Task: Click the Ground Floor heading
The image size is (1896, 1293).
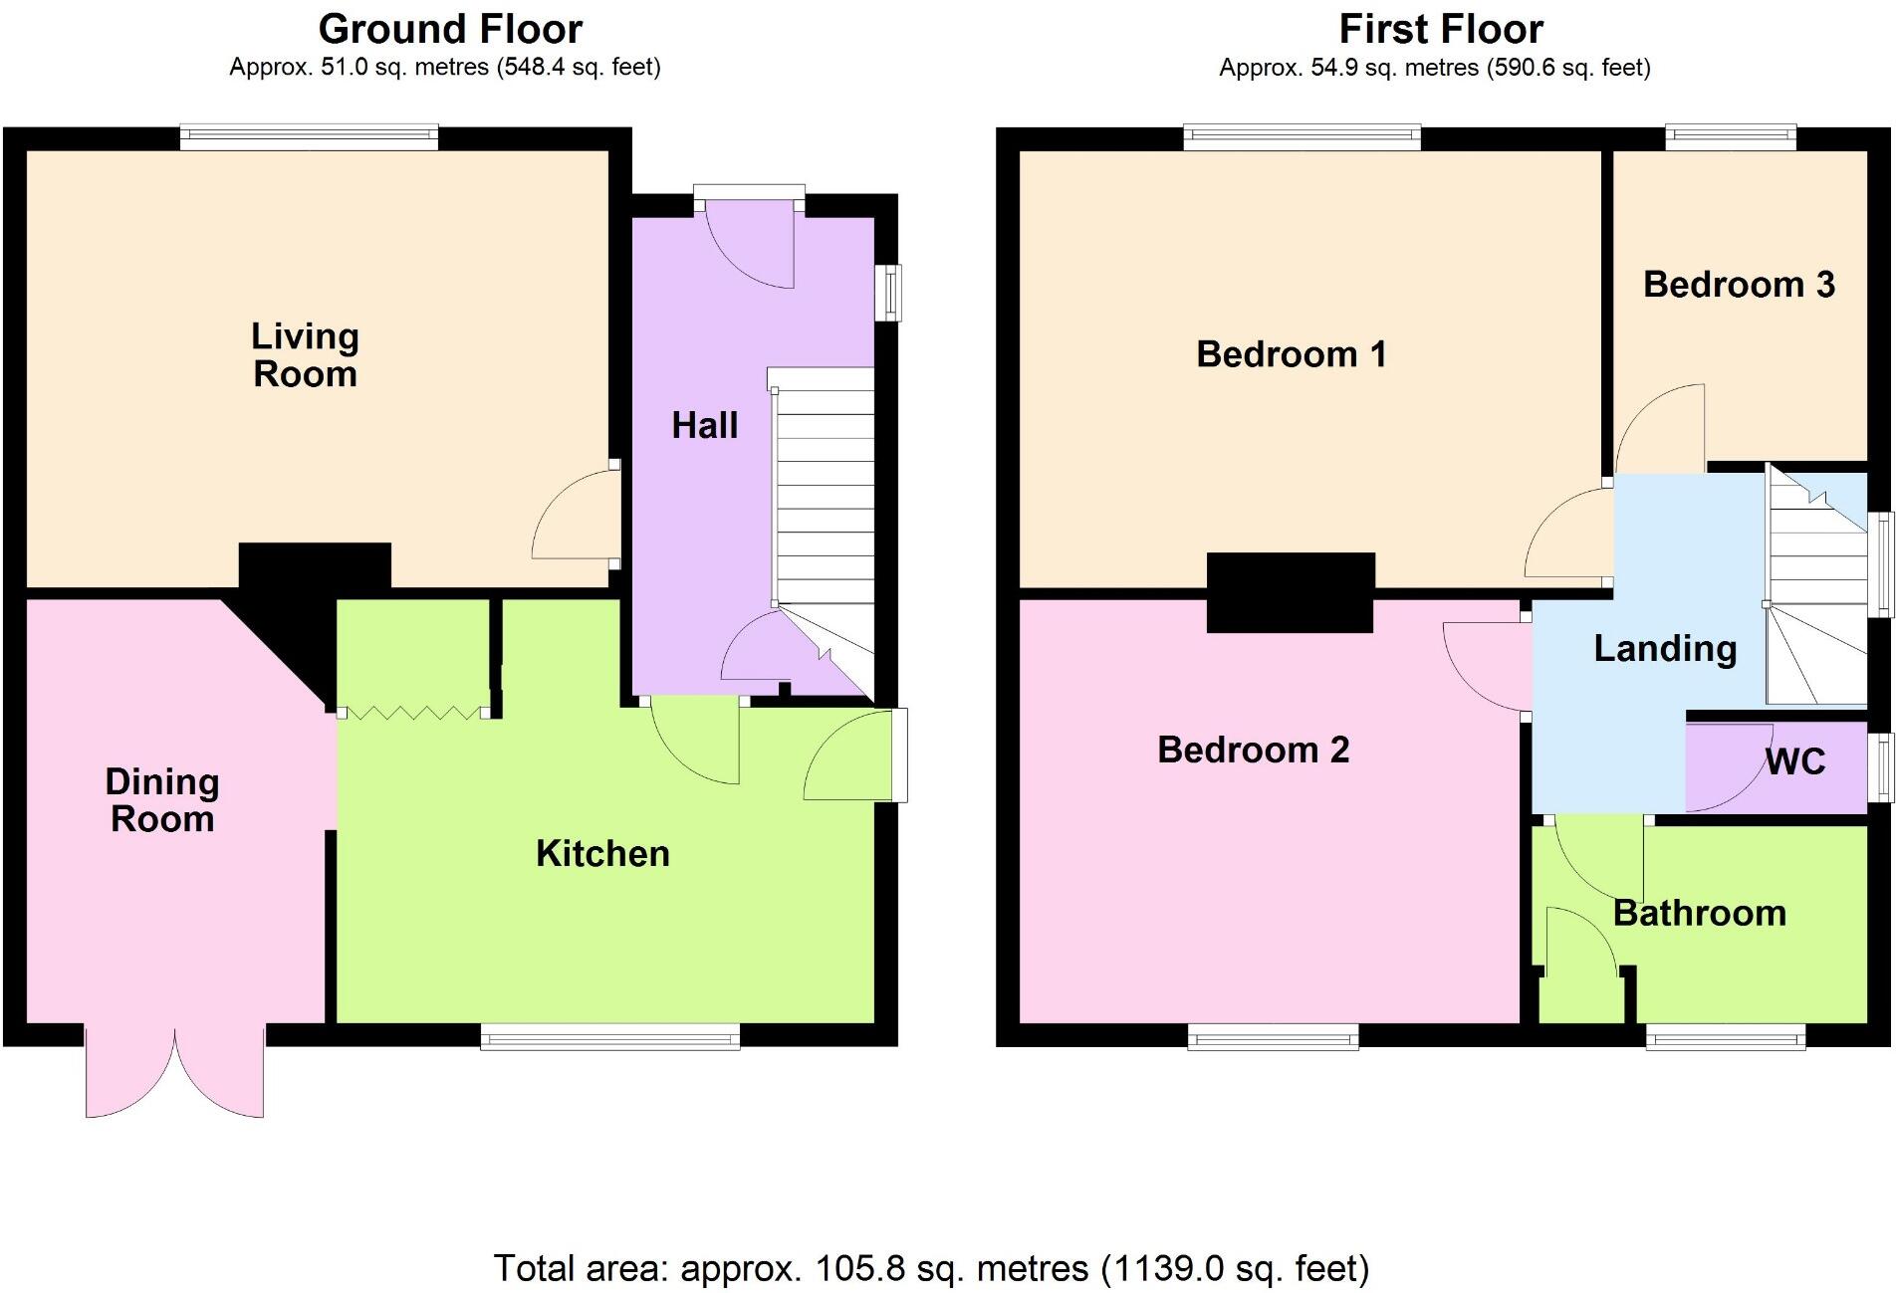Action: (x=450, y=29)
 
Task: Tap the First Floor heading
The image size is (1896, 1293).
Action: (x=1440, y=29)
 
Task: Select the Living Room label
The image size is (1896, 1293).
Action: (x=305, y=355)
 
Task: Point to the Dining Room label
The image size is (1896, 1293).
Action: (x=162, y=800)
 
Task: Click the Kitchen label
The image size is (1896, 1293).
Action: (x=602, y=854)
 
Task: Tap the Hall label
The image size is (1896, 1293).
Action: (x=704, y=426)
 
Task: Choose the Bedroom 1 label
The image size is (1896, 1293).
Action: (x=1291, y=354)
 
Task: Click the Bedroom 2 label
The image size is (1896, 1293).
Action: (x=1253, y=750)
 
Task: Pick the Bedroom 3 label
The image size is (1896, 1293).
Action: (x=1739, y=285)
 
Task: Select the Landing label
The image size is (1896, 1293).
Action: (x=1665, y=649)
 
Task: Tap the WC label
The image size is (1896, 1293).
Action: (x=1795, y=762)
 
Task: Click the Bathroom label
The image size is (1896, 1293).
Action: (x=1699, y=914)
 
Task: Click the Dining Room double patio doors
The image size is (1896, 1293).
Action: (x=175, y=1075)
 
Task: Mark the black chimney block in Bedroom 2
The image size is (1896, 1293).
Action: (x=1291, y=592)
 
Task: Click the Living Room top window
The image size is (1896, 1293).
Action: (x=309, y=137)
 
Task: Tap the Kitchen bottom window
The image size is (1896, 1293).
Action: (x=609, y=1037)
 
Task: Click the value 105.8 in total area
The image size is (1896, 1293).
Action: (x=859, y=1269)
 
